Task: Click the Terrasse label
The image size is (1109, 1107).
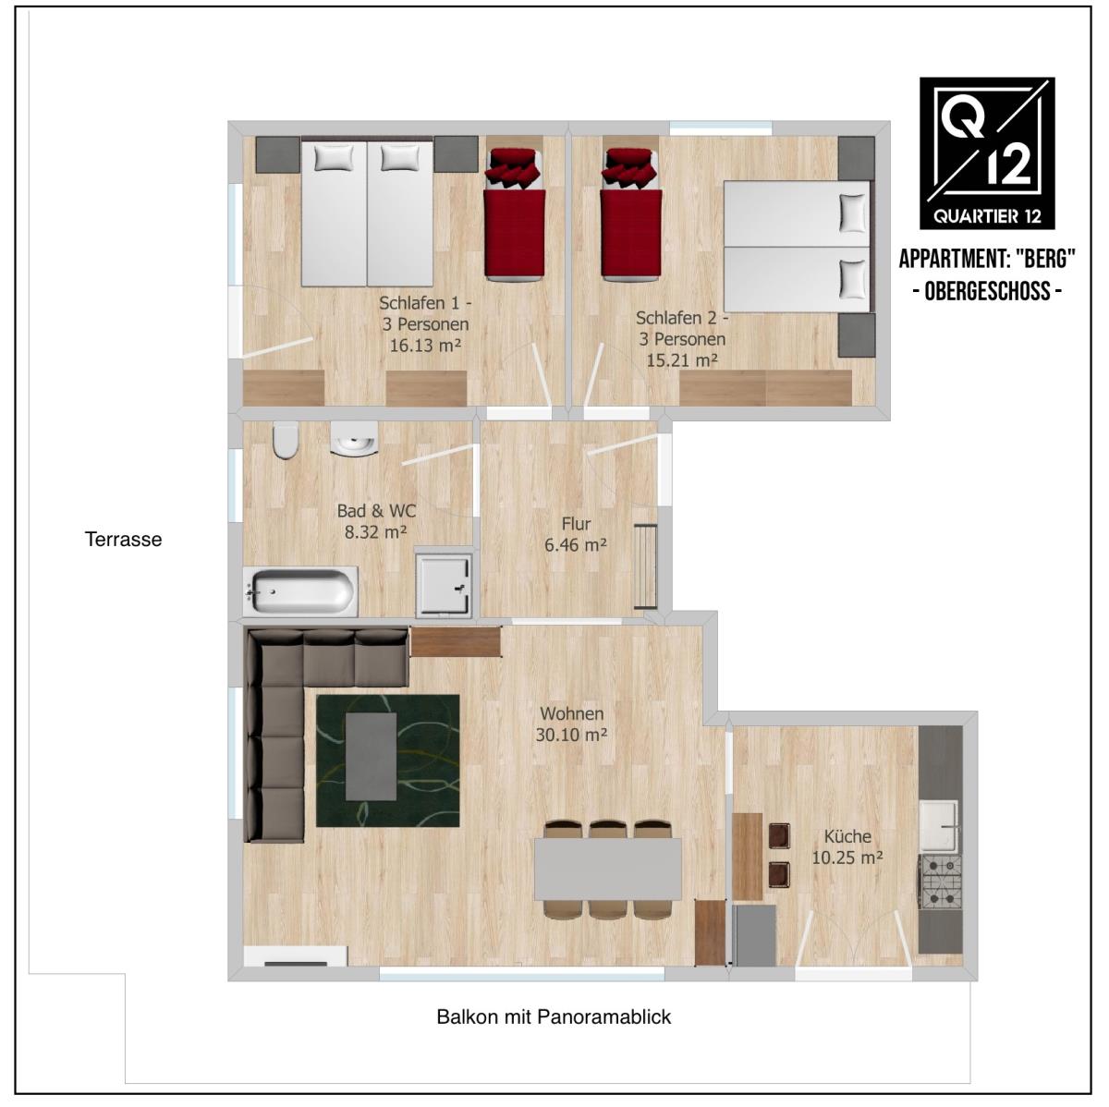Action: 123,540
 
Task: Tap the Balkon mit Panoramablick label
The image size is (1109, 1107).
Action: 554,1033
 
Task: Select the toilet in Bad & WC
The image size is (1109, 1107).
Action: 286,441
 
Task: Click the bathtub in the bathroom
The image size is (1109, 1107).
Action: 300,591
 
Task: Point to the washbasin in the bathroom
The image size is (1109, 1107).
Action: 355,440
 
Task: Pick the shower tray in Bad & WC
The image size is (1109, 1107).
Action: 444,585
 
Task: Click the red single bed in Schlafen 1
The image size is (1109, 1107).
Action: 515,214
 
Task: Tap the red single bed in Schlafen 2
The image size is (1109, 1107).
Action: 631,214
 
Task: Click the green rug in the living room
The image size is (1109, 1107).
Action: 388,760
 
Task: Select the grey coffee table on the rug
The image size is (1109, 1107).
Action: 372,757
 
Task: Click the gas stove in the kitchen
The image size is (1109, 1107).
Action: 942,882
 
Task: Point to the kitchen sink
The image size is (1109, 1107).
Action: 939,826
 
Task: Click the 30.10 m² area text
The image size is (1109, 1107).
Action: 571,736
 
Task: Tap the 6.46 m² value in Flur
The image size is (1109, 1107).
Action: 576,544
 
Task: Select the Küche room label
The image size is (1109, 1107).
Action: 847,836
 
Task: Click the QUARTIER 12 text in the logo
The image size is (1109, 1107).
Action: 987,216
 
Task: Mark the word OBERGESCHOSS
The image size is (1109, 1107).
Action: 988,291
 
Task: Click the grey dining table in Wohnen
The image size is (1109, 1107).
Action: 608,870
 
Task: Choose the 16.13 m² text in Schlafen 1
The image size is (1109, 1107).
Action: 425,346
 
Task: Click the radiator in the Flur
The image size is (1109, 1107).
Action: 646,566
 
